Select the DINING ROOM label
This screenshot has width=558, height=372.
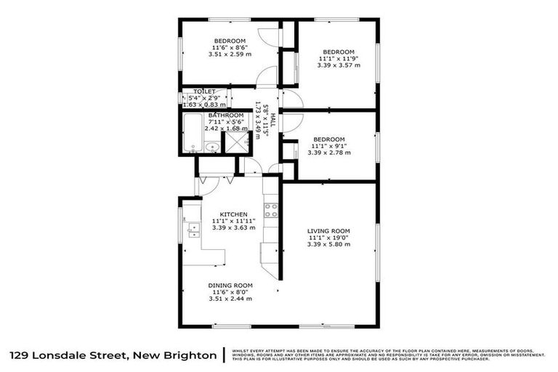point(230,285)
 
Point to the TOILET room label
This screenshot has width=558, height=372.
point(203,92)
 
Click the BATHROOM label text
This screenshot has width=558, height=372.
point(226,116)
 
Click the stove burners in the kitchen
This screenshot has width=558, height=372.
point(271,210)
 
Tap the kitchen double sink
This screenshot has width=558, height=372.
point(193,230)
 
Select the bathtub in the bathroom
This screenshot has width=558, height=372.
point(190,133)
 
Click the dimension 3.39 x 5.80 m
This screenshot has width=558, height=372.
point(328,245)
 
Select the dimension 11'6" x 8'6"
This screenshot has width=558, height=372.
point(230,47)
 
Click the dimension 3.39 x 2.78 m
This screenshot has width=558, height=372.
point(328,152)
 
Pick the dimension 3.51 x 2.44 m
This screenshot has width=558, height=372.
point(230,299)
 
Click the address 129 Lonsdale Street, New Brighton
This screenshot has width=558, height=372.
point(113,355)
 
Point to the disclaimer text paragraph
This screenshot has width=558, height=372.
point(388,355)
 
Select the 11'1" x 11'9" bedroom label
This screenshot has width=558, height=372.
point(338,52)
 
